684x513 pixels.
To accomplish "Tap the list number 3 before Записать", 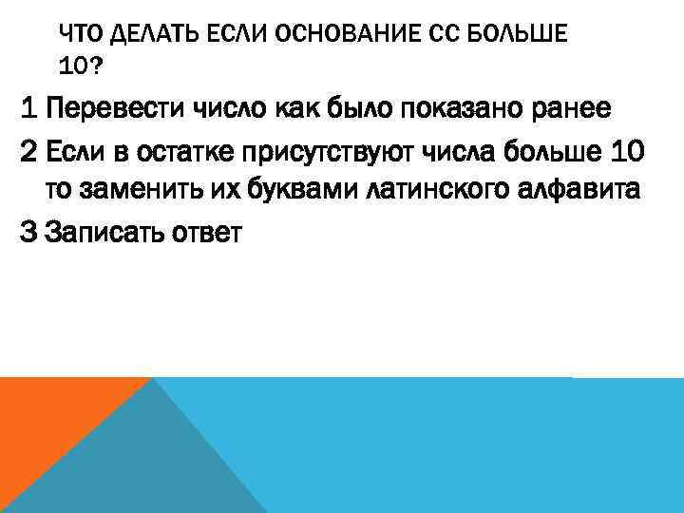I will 30,230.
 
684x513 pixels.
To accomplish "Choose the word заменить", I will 145,189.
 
